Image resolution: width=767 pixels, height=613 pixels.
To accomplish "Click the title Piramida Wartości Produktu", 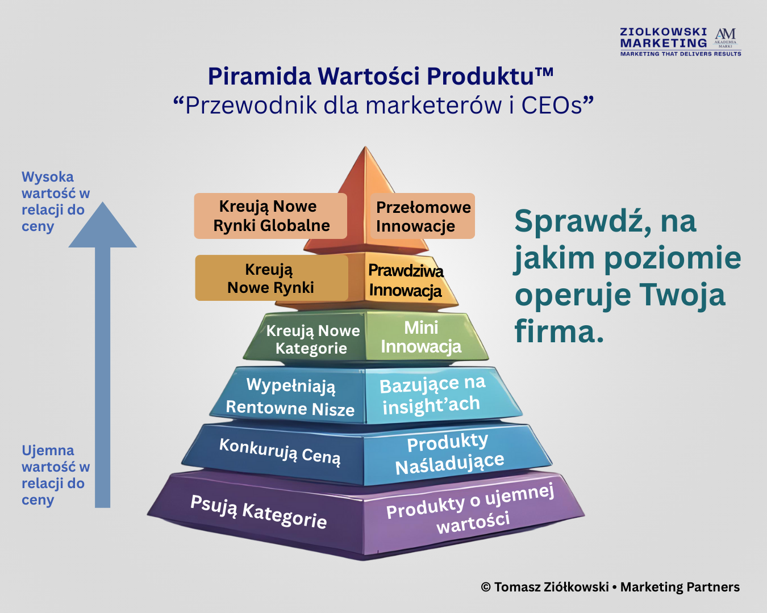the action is coord(381,76).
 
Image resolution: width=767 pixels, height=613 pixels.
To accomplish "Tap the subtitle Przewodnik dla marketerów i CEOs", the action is coord(383,105).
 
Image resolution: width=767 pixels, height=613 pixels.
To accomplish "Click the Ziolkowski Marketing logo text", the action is coord(663,37).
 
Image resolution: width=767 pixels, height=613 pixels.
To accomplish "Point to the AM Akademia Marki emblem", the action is coord(726,38).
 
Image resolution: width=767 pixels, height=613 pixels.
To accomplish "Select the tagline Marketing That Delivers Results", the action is coord(681,54).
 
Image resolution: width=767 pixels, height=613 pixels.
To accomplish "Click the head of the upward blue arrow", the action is coord(102,225).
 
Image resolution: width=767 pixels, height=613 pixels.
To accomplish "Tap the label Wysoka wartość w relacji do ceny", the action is coord(56,201).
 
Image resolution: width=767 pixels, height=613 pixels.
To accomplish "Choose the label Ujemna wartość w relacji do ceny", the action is coord(56,475).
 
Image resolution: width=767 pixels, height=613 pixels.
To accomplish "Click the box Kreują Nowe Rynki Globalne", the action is coord(270,216).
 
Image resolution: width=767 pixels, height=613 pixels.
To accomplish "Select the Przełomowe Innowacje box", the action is coord(423,216).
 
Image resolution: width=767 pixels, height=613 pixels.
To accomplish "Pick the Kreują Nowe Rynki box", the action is coord(272,278).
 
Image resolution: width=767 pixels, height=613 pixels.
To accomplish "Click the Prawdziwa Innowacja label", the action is coord(406,280).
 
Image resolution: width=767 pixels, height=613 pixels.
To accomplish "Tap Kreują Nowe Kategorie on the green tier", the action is coord(312,339).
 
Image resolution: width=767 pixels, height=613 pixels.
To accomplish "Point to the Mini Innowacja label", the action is coord(421,337).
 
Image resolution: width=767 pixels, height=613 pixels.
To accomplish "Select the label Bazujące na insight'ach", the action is coord(432,395).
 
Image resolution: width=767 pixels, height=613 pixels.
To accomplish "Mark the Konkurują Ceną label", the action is coord(280,451).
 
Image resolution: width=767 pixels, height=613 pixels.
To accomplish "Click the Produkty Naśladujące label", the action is coord(449,454).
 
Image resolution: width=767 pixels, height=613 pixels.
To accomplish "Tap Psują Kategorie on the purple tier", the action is coord(259,511).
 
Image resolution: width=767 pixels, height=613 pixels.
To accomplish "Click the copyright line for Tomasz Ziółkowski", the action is coord(610,587).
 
